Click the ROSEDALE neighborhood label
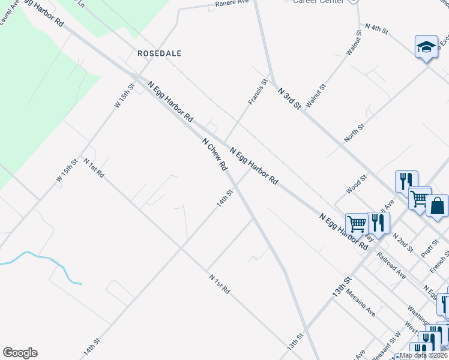point(159,53)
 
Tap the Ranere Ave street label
point(232,3)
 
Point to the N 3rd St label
point(289,98)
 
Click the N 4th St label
point(377,28)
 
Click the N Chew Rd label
point(214,154)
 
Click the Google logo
point(20,353)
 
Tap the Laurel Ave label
point(10,12)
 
